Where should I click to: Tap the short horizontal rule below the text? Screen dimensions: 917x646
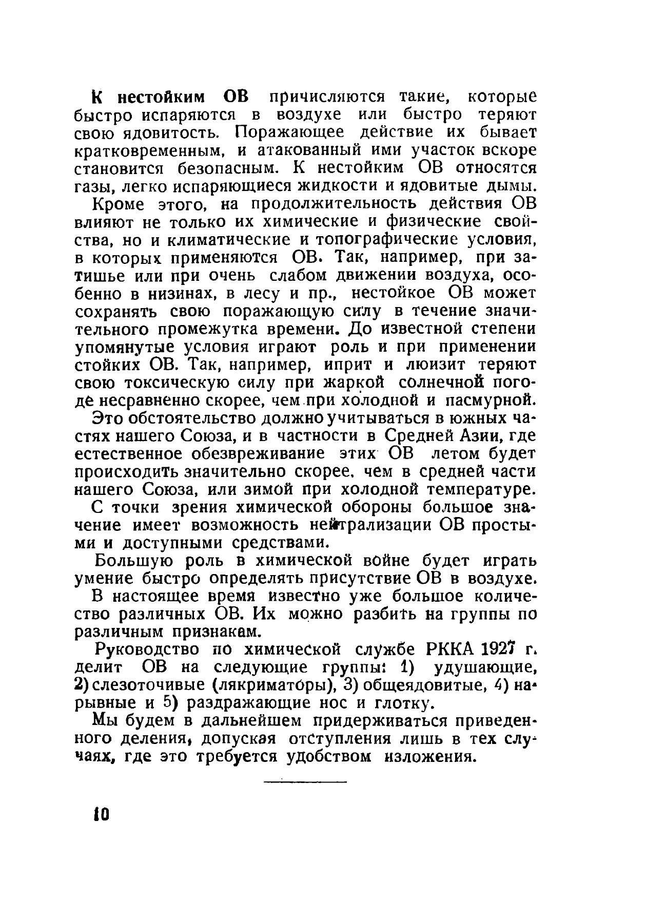(x=305, y=782)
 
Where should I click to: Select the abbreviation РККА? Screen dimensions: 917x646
(x=449, y=649)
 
